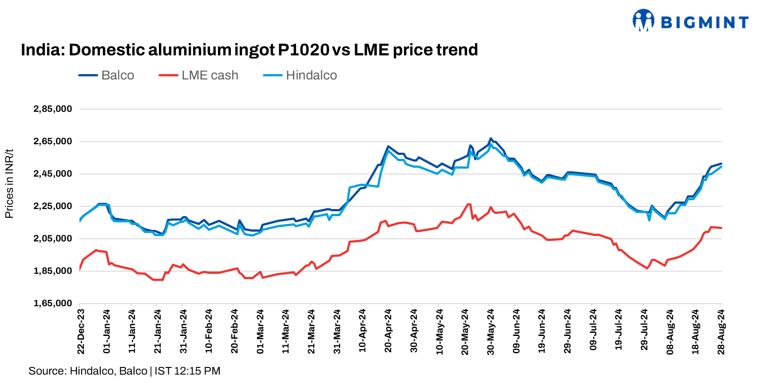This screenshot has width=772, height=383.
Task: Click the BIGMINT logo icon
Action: tap(643, 21)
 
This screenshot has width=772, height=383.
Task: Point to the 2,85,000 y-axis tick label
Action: tap(53, 109)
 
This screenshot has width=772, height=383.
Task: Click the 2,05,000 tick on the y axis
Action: tap(53, 239)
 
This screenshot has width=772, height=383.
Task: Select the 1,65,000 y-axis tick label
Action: tap(53, 304)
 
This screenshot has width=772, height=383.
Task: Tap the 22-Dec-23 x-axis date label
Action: tap(81, 332)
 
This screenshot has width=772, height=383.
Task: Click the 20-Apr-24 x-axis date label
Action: tap(388, 332)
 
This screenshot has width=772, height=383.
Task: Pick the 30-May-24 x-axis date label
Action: tap(491, 332)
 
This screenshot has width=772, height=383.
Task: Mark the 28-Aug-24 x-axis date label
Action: tap(721, 332)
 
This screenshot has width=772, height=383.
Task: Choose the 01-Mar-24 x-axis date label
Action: tap(260, 332)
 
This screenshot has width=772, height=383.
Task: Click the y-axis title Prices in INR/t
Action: tap(9, 184)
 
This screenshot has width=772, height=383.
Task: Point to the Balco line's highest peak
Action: tap(491, 138)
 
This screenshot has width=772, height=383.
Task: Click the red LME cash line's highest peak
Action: tap(468, 204)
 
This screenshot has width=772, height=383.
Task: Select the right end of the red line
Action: tap(721, 228)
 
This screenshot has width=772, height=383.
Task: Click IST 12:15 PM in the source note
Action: tap(187, 371)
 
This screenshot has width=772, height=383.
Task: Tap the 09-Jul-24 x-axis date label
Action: tap(593, 332)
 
